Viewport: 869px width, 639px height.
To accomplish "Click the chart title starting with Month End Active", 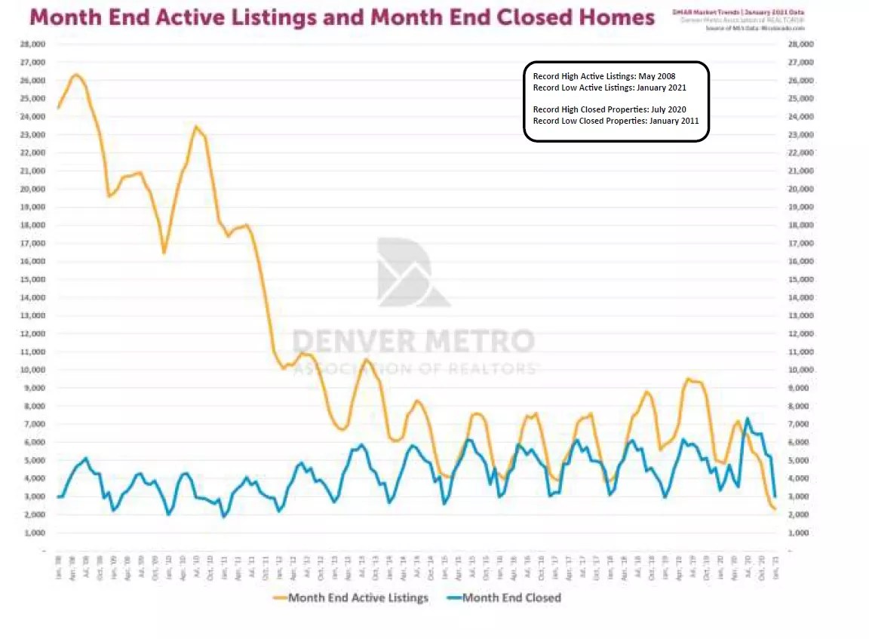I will (341, 17).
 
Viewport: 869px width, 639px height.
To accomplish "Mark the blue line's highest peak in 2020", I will (748, 418).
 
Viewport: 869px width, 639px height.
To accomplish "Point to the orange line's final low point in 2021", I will (774, 508).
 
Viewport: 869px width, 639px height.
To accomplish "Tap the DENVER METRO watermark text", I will (413, 341).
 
